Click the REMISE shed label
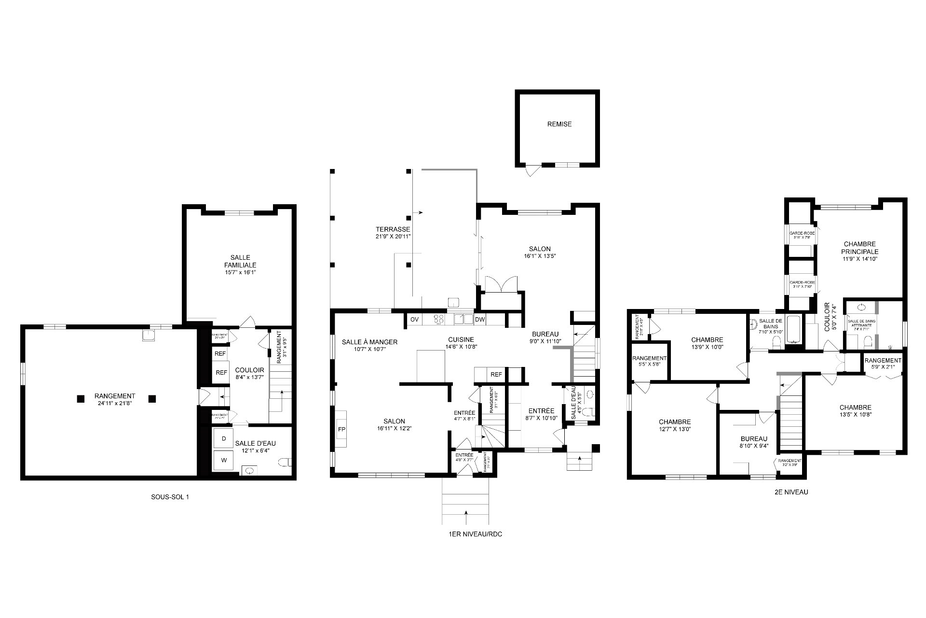(559, 124)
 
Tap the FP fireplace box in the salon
(341, 429)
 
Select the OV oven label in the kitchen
(414, 320)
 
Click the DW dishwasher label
(479, 320)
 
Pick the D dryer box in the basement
(224, 439)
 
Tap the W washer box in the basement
(224, 460)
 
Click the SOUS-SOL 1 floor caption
(170, 497)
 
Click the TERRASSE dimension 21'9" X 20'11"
(393, 237)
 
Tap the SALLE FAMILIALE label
(240, 261)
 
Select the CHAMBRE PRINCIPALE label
(859, 248)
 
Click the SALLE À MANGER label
(369, 342)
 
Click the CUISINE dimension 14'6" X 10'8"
(460, 347)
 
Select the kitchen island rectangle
(431, 365)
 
